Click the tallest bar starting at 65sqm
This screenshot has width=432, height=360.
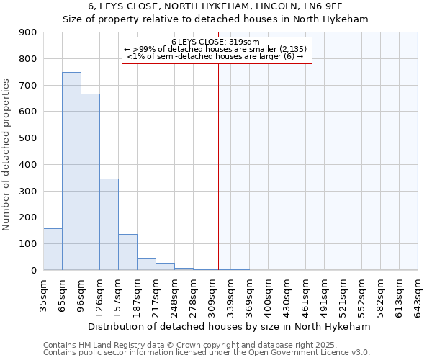pyautogui.click(x=71, y=171)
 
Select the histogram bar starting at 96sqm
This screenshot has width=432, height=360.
pyautogui.click(x=90, y=182)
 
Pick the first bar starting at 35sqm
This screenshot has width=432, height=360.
pyautogui.click(x=53, y=249)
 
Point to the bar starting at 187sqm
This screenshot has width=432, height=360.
pyautogui.click(x=146, y=264)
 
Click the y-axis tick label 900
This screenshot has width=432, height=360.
pyautogui.click(x=27, y=32)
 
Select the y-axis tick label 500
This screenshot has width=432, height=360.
pyautogui.click(x=27, y=138)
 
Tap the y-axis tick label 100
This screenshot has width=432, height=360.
pyautogui.click(x=27, y=244)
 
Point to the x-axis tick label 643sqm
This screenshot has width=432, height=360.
pyautogui.click(x=418, y=294)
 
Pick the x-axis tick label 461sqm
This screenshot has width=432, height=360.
pyautogui.click(x=306, y=294)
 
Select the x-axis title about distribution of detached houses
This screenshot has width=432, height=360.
pyautogui.click(x=230, y=326)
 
